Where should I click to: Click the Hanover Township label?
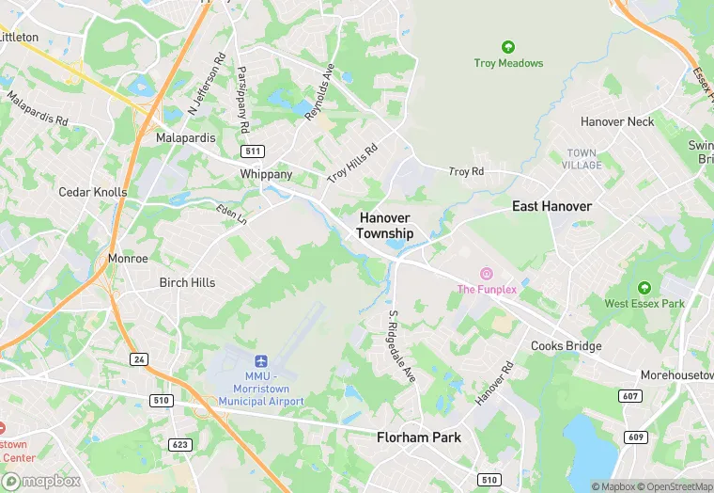click(385, 225)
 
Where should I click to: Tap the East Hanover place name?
click(551, 206)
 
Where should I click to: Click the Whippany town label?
click(267, 174)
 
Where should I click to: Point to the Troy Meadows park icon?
click(508, 47)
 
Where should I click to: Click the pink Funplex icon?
click(487, 274)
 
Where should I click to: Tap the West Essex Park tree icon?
click(644, 288)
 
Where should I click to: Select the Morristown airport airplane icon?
click(262, 362)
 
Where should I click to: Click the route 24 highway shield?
click(138, 359)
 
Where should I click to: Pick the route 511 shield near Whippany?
click(253, 151)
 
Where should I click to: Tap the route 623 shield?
click(180, 443)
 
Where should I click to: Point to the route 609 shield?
click(636, 437)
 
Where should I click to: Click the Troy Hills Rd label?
click(352, 164)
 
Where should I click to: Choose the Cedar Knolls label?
click(92, 192)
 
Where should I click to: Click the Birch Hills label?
click(187, 282)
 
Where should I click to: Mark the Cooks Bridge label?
click(567, 346)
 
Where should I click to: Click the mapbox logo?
click(41, 481)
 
